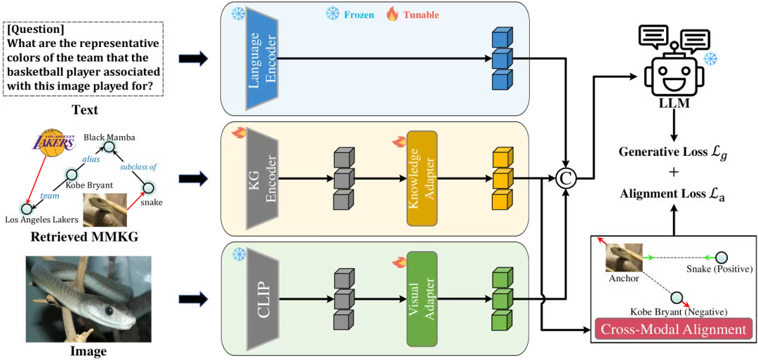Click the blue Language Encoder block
click(x=262, y=59)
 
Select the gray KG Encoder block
click(x=261, y=178)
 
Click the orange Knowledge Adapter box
click(x=421, y=178)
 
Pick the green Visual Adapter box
click(x=421, y=299)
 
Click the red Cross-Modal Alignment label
click(x=673, y=329)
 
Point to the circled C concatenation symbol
click(x=566, y=178)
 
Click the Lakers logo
click(x=53, y=142)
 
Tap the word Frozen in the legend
click(x=359, y=14)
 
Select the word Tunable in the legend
click(x=421, y=14)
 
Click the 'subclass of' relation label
click(x=139, y=167)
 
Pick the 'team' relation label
click(x=49, y=196)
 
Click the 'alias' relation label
click(x=91, y=159)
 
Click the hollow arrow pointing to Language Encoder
click(x=194, y=59)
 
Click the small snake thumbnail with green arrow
click(x=623, y=258)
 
